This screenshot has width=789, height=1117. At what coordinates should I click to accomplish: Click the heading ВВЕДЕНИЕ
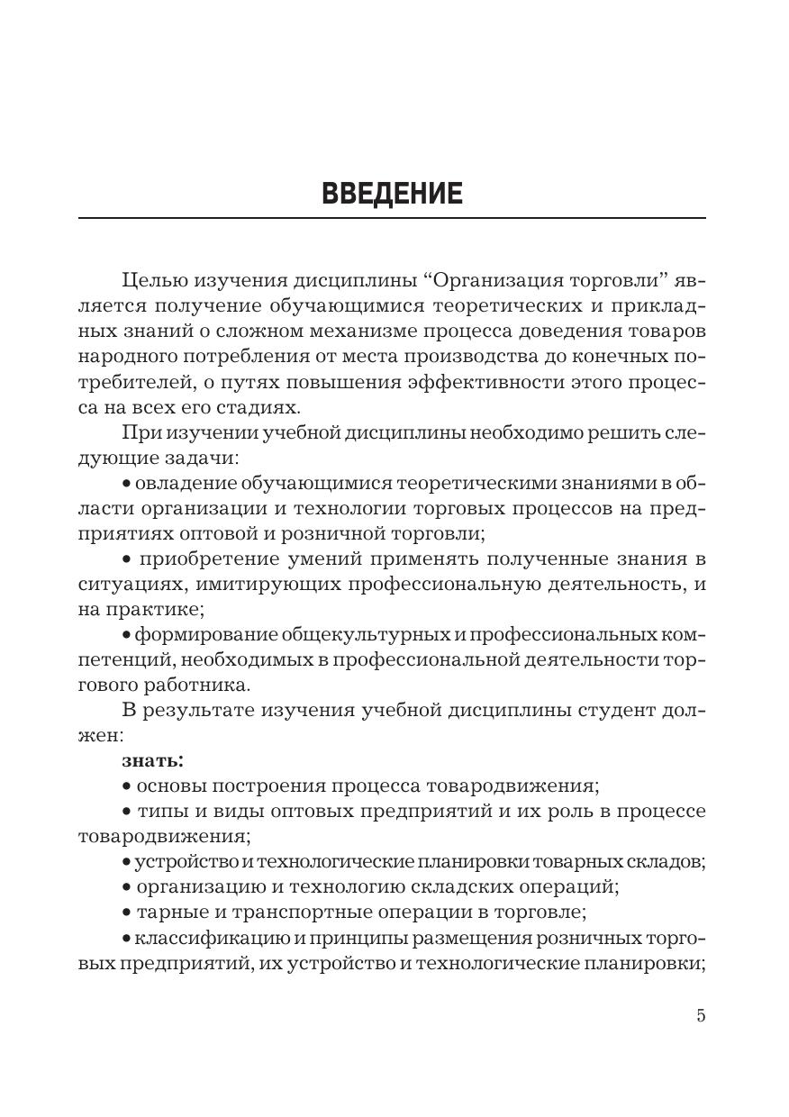tap(393, 194)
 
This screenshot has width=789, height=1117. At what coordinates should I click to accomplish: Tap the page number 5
tap(701, 1016)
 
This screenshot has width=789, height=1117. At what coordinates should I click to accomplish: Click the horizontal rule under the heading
tap(393, 218)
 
